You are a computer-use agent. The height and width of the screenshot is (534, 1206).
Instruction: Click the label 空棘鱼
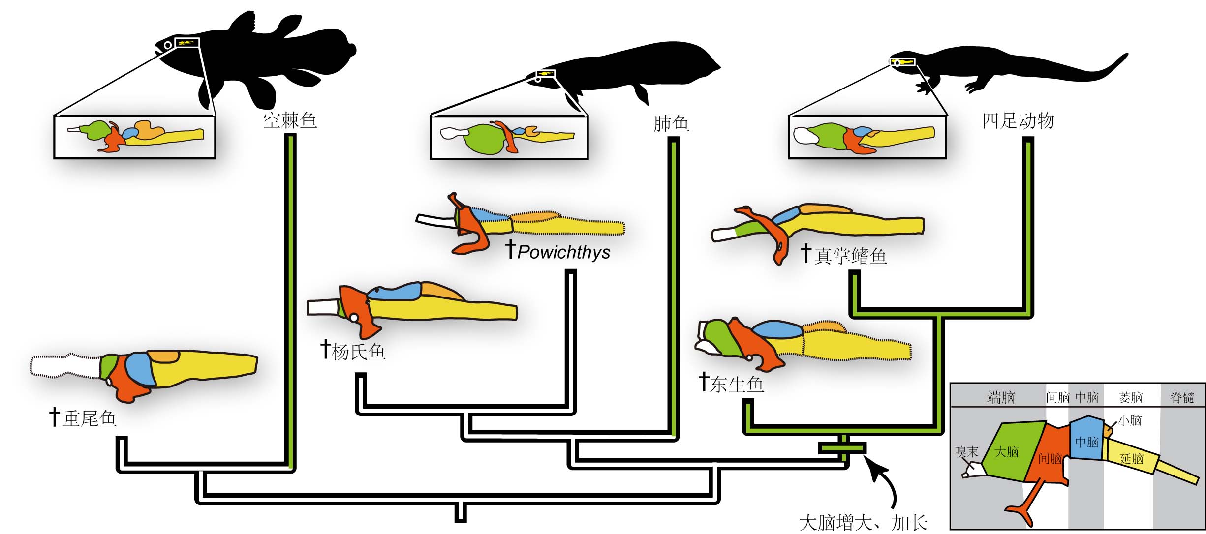pos(290,120)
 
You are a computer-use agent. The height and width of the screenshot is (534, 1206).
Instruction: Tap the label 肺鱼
pos(671,123)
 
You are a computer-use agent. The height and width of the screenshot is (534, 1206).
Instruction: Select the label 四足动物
pos(1018,120)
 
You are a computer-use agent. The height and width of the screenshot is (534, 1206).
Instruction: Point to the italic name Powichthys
pos(564,252)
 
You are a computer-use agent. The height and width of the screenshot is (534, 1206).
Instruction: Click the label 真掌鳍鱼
pos(850,256)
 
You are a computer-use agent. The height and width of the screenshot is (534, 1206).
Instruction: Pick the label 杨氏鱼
pos(358,352)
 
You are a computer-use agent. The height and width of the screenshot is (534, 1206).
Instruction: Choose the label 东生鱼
pos(737,384)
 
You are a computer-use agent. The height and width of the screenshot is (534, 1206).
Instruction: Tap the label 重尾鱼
pos(89,418)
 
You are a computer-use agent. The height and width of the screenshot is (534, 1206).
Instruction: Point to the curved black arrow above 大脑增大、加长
pos(884,479)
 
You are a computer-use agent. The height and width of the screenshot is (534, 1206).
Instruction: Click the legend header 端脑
pos(1001,397)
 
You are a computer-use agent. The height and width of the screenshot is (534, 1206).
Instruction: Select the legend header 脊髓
pos(1182,397)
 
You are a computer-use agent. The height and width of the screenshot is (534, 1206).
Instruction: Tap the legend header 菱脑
pos(1130,397)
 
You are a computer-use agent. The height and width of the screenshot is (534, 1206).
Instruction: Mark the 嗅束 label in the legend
pos(966,451)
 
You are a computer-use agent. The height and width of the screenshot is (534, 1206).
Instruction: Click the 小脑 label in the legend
pos(1130,420)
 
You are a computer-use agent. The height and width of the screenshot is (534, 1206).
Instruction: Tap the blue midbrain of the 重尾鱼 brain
pos(140,369)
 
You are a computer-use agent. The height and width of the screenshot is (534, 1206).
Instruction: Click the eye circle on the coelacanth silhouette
pos(168,45)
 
